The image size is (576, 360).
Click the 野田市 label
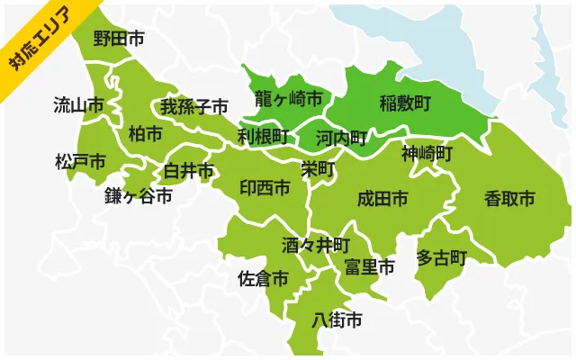point(119,39)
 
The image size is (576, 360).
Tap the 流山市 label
point(78,104)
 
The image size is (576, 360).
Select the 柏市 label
point(146,133)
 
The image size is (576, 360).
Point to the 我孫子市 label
point(194,107)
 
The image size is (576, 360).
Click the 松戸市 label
point(80,162)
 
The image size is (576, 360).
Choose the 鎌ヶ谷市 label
point(138,195)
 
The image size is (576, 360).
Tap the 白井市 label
point(189,170)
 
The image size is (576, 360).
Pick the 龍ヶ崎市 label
point(288,98)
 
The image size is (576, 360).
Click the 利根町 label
point(264,136)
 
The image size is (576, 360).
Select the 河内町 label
point(342,138)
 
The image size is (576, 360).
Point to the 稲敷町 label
point(405,102)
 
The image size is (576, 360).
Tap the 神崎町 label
point(427,152)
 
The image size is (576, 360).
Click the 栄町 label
point(318,168)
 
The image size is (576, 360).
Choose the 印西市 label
point(265,187)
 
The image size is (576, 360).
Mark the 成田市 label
point(382,197)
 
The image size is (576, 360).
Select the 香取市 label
point(509,197)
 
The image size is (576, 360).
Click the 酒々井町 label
point(315,244)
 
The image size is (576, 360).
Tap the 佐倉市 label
point(263,279)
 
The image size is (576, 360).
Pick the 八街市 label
point(337,319)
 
